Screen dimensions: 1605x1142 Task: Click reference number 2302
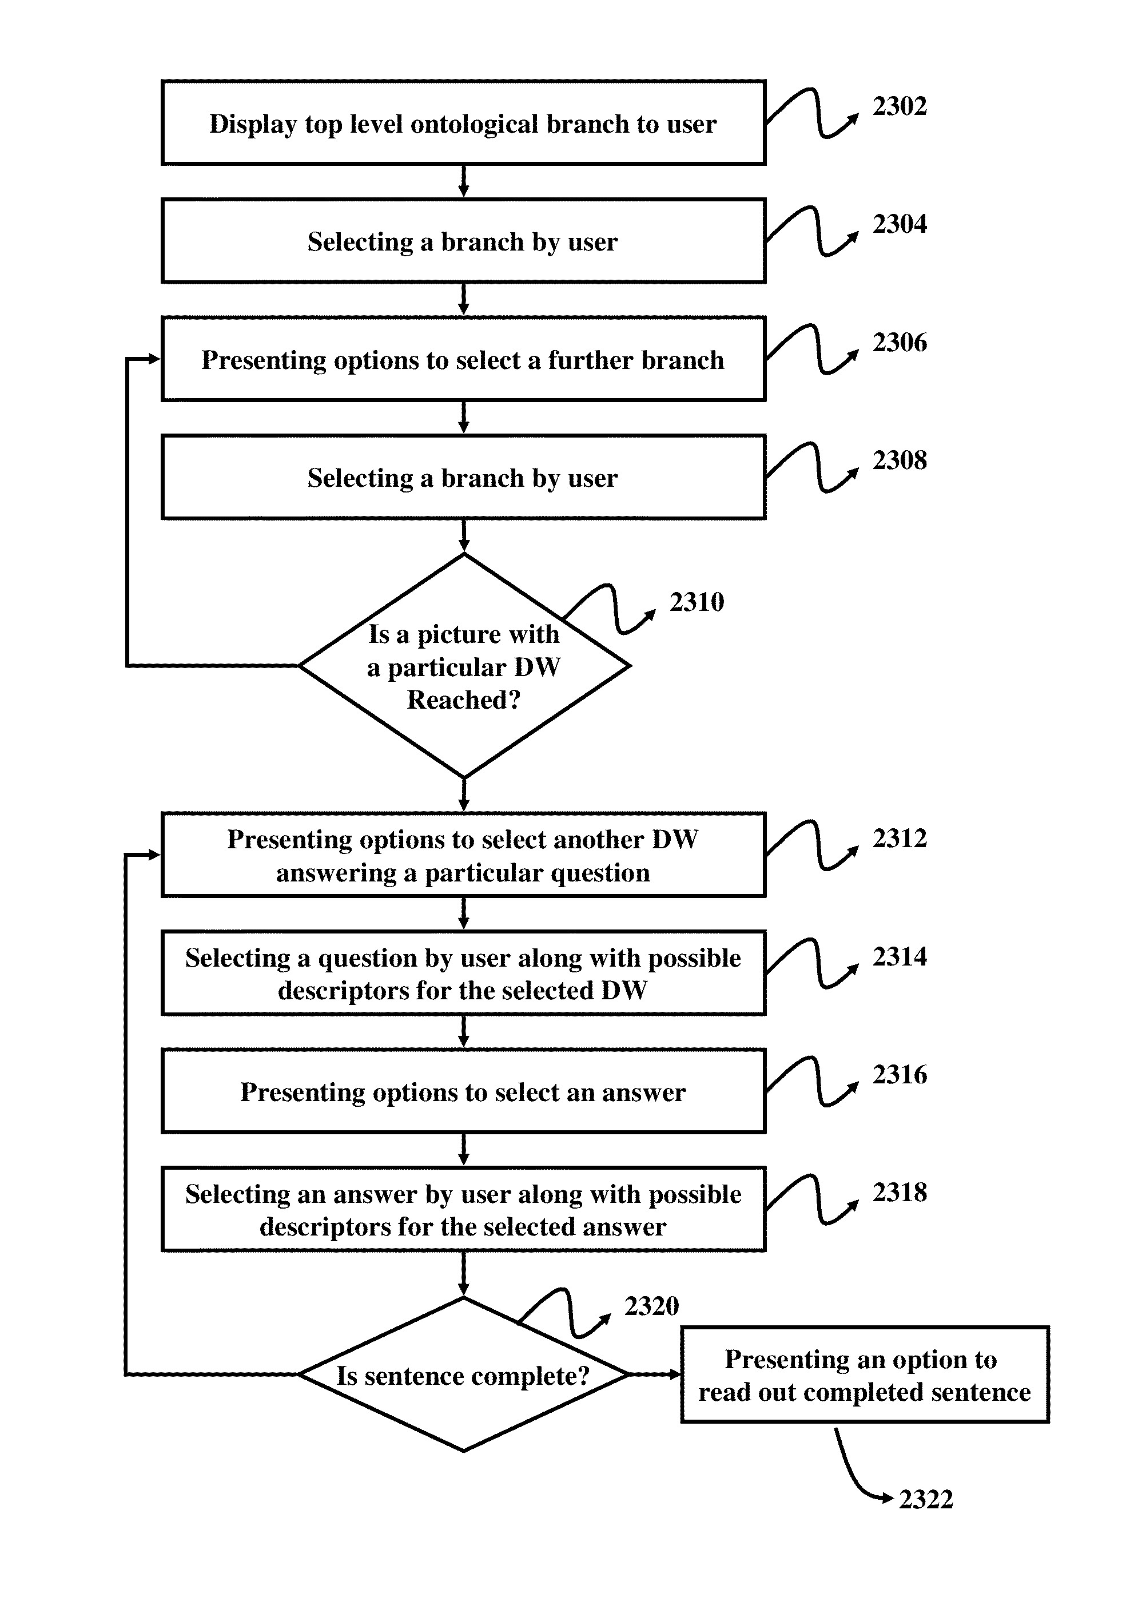point(899,106)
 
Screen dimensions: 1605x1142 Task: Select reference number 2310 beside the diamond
point(696,602)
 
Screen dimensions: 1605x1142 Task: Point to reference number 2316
point(899,1074)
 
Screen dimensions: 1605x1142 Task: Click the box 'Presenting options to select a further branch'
point(463,359)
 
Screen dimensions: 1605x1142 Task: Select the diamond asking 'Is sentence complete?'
point(463,1376)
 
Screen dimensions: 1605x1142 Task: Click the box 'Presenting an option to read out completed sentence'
point(864,1375)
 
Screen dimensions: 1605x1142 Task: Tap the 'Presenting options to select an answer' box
point(463,1091)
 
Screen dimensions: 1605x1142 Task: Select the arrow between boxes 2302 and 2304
point(463,181)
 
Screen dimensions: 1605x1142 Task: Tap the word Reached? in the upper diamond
point(463,700)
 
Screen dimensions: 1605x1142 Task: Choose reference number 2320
point(651,1306)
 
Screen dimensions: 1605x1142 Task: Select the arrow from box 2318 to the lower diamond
point(463,1274)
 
